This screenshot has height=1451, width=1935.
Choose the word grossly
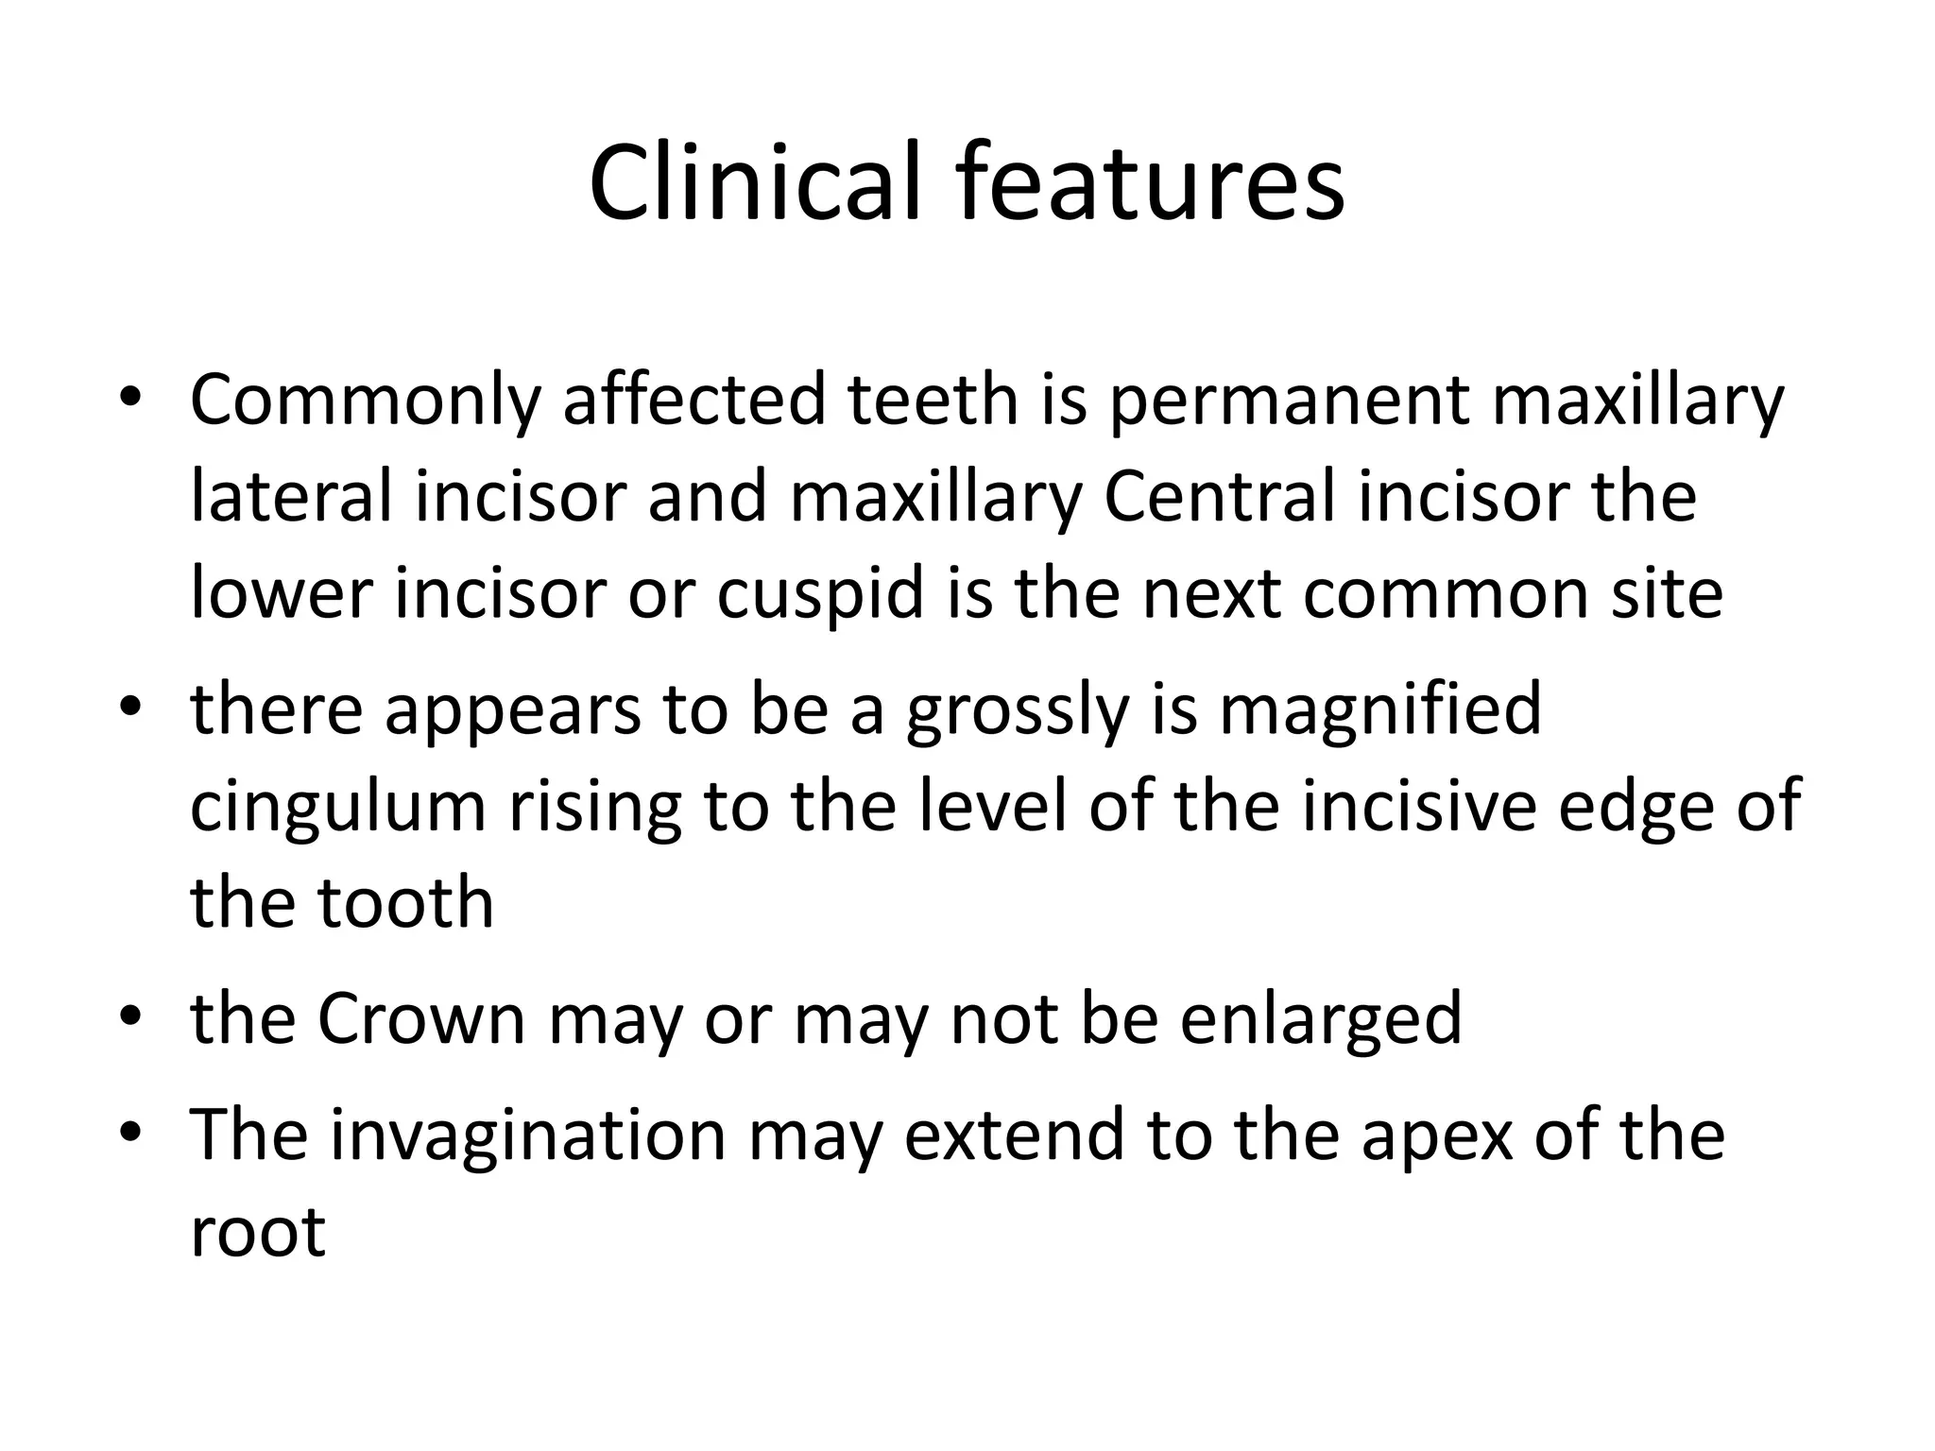point(1017,710)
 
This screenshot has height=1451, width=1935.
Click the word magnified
point(1380,710)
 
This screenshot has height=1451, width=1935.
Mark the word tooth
point(405,903)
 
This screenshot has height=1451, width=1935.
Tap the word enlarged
point(1321,1020)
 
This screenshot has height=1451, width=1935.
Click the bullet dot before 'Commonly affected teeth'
point(129,399)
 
